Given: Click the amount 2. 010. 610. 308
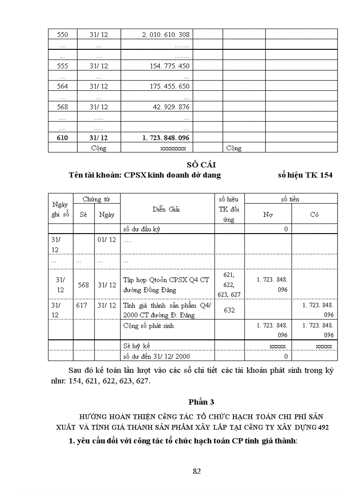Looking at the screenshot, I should pyautogui.click(x=166, y=35).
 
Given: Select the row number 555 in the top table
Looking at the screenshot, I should pyautogui.click(x=63, y=66).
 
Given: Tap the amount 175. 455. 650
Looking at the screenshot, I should pyautogui.click(x=169, y=86).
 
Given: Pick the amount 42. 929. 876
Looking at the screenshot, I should pyautogui.click(x=171, y=107).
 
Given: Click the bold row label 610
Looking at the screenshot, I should pyautogui.click(x=63, y=138).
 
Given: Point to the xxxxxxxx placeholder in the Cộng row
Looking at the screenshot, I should pyautogui.click(x=173, y=149).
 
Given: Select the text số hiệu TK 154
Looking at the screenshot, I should pyautogui.click(x=305, y=175).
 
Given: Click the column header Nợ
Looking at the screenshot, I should pyautogui.click(x=268, y=215).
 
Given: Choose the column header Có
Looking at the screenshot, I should pyautogui.click(x=314, y=215).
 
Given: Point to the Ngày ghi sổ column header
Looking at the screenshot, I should pyautogui.click(x=60, y=209).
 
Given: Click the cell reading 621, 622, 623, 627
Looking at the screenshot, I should pyautogui.click(x=229, y=285).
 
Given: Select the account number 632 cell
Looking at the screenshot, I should pyautogui.click(x=229, y=310).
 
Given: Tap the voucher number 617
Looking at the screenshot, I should pyautogui.click(x=82, y=305).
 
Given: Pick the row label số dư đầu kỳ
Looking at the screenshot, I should pyautogui.click(x=141, y=229).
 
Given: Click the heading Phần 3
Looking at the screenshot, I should pyautogui.click(x=201, y=402).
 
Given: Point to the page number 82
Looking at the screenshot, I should pyautogui.click(x=197, y=471).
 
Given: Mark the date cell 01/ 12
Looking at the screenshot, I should pyautogui.click(x=107, y=239).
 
